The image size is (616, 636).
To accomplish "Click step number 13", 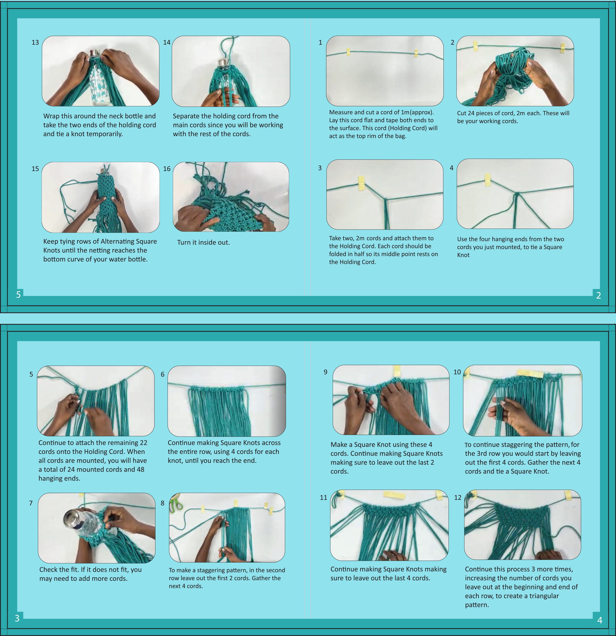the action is click(x=35, y=43).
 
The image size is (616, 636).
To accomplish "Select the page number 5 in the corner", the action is click(x=18, y=294).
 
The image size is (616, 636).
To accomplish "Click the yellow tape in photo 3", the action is click(x=361, y=183).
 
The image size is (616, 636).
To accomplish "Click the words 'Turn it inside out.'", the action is click(x=203, y=242).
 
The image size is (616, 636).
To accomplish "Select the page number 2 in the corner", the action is click(x=598, y=295).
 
